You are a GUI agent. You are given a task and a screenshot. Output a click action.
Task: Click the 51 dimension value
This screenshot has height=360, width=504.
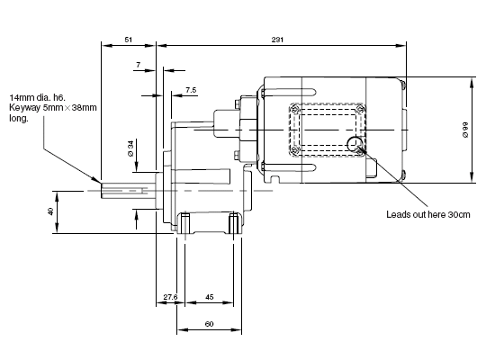click(x=128, y=40)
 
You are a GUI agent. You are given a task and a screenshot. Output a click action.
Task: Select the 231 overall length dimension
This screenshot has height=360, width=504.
click(x=278, y=40)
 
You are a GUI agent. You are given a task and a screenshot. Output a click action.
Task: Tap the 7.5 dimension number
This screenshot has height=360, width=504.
click(x=191, y=90)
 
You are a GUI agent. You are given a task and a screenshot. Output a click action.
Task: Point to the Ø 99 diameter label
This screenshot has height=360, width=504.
click(x=465, y=130)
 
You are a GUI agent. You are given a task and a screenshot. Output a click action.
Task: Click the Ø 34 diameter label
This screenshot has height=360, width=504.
click(x=130, y=148)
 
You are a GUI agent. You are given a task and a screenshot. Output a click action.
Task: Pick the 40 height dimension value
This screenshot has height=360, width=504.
click(x=50, y=211)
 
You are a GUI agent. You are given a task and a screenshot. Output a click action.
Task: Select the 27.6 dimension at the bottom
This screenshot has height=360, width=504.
click(x=170, y=297)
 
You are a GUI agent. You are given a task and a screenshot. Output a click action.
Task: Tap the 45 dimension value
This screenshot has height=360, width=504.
click(x=209, y=297)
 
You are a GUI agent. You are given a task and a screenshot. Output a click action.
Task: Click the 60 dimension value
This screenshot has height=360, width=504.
click(x=209, y=324)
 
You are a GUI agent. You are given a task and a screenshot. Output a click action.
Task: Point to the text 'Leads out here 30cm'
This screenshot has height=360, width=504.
click(x=428, y=214)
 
